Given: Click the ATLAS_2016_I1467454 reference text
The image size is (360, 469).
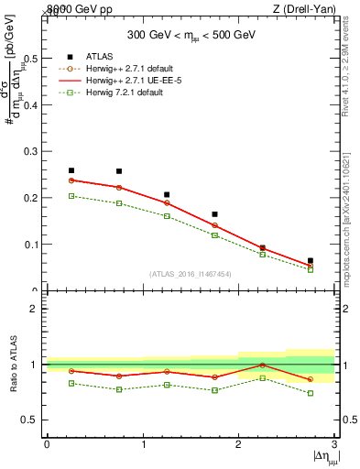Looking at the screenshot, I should point(190,274).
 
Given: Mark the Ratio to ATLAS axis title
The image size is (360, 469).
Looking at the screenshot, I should point(14,365).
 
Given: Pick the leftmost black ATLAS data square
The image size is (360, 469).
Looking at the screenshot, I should point(71,170).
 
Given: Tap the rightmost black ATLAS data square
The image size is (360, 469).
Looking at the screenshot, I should point(311,261).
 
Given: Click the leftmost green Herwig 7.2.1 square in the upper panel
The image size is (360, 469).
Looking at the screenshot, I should point(71,196).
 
